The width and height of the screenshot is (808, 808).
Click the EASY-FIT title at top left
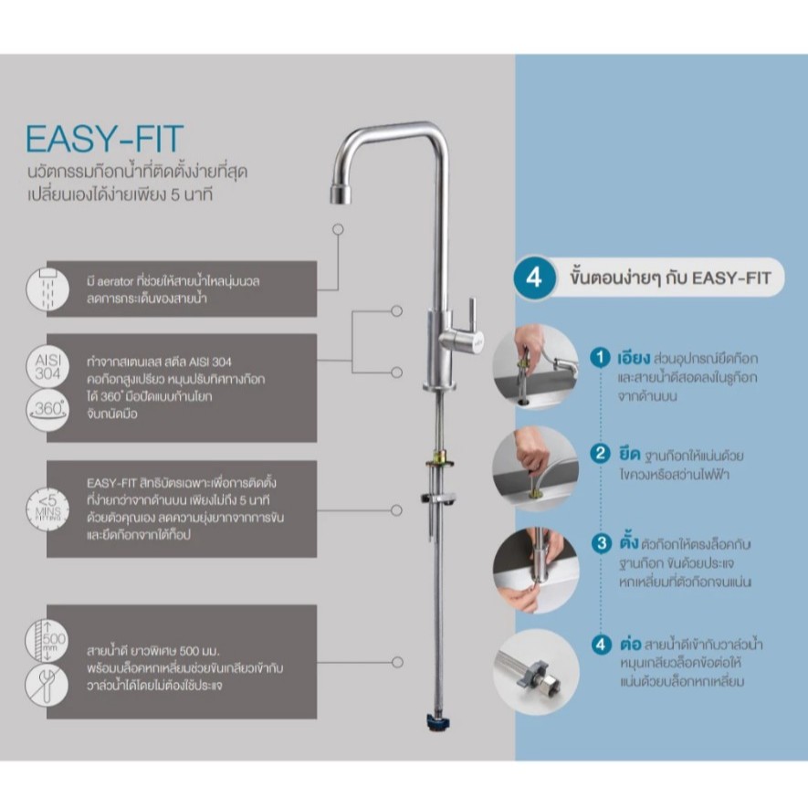click(105, 138)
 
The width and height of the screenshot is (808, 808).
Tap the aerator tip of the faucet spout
click(341, 194)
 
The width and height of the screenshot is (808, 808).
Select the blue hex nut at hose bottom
click(437, 722)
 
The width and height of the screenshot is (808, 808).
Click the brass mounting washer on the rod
click(439, 462)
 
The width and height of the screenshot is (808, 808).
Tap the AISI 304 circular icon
click(47, 366)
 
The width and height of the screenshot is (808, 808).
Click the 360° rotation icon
click(47, 410)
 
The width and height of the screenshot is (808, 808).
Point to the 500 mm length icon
click(47, 641)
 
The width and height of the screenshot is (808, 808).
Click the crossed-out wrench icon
click(47, 685)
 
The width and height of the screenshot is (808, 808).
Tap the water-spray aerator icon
click(47, 289)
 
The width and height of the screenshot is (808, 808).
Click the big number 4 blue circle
click(534, 278)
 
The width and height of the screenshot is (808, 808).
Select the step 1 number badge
click(600, 357)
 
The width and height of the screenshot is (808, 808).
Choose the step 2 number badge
click(600, 454)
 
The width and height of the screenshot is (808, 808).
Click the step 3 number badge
click(601, 543)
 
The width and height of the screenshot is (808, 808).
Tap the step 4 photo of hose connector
click(537, 671)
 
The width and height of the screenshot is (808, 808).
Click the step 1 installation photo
click(536, 366)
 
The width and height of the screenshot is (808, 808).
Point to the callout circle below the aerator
click(338, 229)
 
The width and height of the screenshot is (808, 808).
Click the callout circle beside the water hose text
click(397, 662)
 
